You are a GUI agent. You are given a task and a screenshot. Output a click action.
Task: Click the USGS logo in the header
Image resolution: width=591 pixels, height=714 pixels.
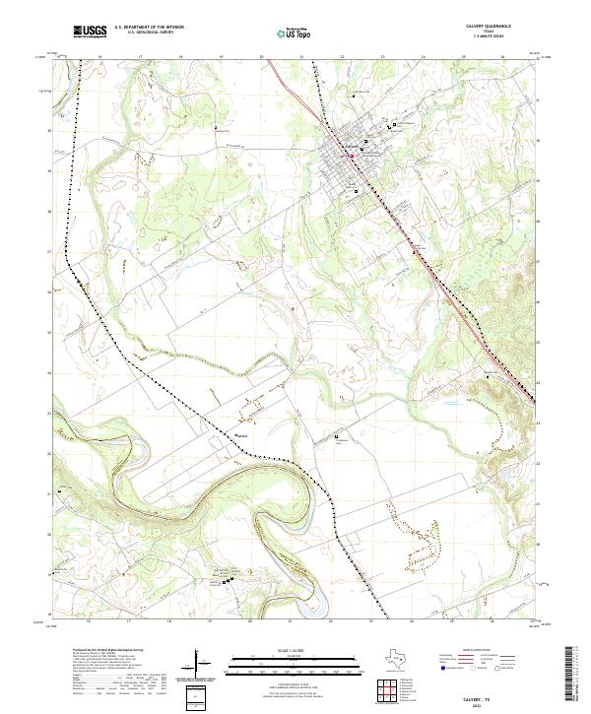[90, 32]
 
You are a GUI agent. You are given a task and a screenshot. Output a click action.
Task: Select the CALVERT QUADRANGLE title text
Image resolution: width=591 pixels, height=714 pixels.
[501, 27]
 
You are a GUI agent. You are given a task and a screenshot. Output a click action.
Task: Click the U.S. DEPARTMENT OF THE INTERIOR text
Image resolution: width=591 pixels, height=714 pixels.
[150, 28]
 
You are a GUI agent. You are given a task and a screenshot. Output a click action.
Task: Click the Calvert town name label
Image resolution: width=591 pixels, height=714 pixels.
[348, 149]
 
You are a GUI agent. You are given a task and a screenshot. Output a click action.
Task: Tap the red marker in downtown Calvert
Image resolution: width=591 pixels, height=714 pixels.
[351, 155]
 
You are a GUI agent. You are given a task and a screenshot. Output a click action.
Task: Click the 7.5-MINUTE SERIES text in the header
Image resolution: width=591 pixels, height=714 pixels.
[501, 38]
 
